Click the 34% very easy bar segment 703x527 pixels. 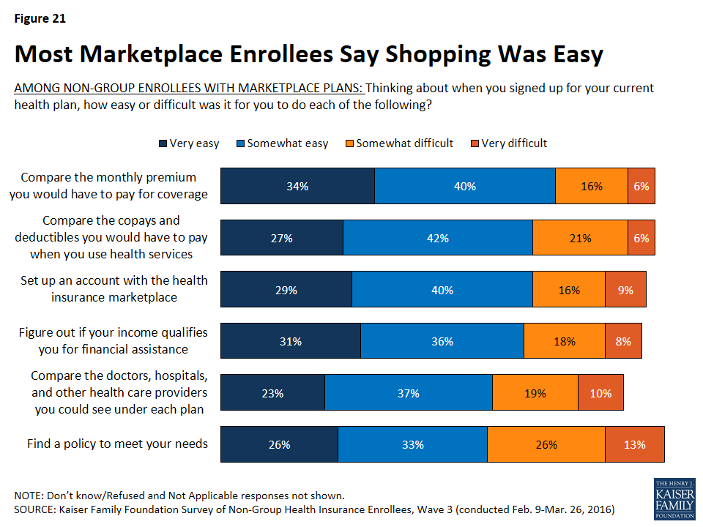(x=297, y=186)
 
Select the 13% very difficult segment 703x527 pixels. (x=635, y=444)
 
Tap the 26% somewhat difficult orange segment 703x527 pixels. (x=546, y=444)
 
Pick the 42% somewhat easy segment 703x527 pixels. (x=438, y=238)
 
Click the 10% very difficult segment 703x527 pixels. (x=600, y=393)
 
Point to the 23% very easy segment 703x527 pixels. (x=272, y=393)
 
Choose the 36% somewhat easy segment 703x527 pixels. (x=442, y=341)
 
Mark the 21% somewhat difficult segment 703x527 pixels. (x=580, y=238)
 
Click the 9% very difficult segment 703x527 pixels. (x=625, y=290)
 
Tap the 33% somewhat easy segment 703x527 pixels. (x=412, y=444)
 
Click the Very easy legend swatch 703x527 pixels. (x=163, y=143)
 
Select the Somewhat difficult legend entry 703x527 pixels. (x=400, y=143)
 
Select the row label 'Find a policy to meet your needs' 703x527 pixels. (x=117, y=444)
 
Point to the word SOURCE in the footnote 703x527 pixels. (x=34, y=508)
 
